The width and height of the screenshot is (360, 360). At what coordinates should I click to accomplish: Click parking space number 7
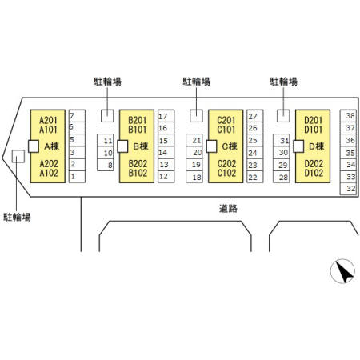coord(77,116)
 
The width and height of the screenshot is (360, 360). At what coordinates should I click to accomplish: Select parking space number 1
coord(77,177)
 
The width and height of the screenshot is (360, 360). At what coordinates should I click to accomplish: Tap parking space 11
coord(106,140)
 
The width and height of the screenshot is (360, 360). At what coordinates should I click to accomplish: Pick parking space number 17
coord(166,116)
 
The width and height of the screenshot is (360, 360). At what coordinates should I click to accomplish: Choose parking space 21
coord(194,140)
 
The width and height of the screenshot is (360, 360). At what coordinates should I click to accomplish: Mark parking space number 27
coord(255,116)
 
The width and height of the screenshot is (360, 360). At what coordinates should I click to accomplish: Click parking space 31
coord(282,140)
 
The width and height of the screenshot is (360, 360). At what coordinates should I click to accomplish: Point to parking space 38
coord(348,116)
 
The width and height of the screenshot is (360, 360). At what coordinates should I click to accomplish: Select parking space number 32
coord(348,189)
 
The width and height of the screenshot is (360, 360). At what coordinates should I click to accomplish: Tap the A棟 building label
coord(51,146)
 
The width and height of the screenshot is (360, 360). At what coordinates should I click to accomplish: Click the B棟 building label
coord(141,146)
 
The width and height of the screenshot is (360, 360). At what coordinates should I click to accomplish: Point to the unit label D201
coord(314,120)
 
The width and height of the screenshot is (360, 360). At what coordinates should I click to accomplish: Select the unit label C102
coord(226,173)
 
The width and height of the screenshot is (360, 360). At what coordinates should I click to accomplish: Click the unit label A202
coord(49,163)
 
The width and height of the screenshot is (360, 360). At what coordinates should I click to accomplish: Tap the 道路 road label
coord(228,208)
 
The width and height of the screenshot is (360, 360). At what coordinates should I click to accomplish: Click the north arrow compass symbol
coord(342,271)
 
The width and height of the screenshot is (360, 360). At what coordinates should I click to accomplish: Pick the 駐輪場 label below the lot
coord(17,217)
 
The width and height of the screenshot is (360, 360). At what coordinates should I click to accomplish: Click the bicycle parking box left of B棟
coord(107,116)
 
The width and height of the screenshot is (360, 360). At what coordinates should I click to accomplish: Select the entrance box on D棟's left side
coord(298,146)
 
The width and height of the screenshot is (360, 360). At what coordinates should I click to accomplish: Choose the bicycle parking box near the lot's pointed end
coord(18,156)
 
